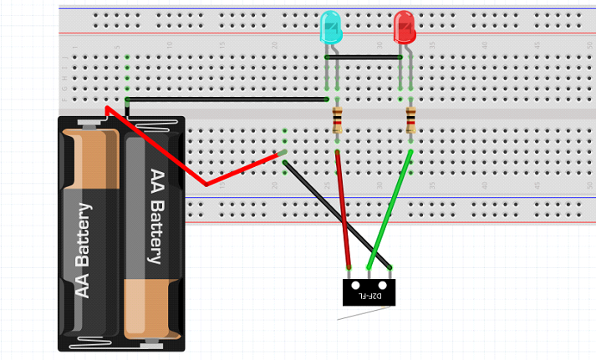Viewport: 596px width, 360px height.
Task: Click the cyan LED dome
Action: tap(330, 27)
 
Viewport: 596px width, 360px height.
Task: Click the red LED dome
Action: tap(405, 27)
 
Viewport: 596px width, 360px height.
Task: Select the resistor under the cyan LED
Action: tap(337, 122)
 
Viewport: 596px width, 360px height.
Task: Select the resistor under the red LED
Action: tap(410, 122)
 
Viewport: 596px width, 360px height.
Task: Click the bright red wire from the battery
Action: tap(167, 150)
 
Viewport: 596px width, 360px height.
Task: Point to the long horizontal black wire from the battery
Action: tap(226, 99)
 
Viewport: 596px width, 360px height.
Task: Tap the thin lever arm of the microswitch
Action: tap(364, 313)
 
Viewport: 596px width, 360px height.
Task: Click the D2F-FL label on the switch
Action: tap(370, 296)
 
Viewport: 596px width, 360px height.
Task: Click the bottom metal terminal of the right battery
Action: tap(150, 340)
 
